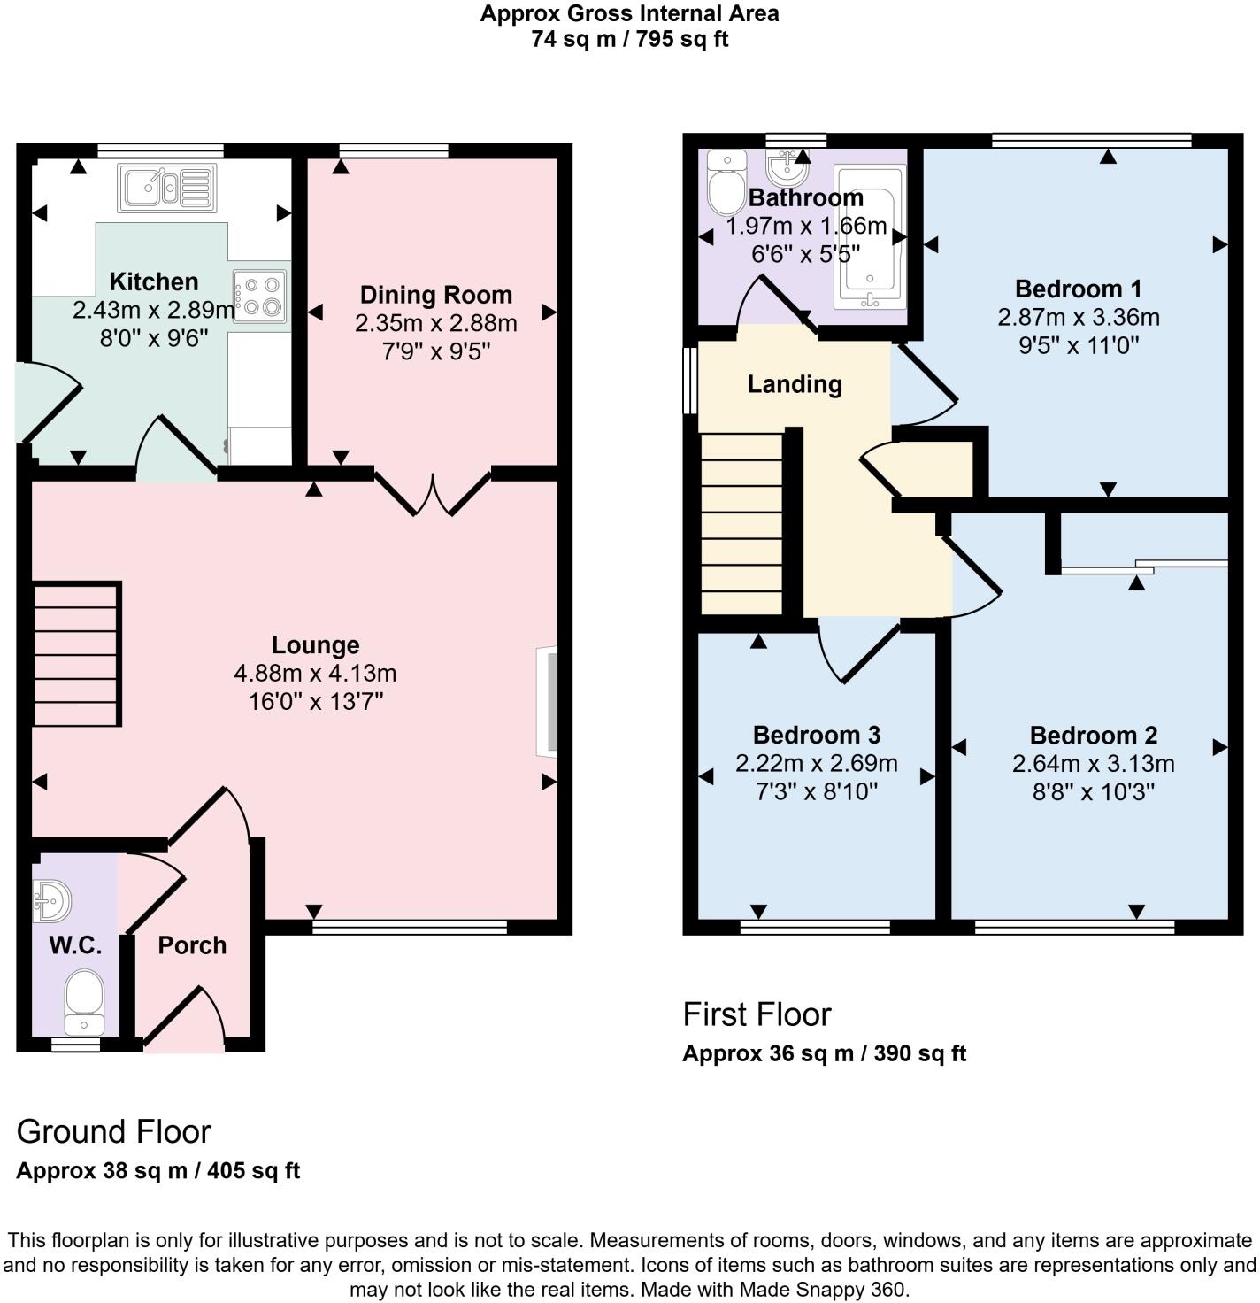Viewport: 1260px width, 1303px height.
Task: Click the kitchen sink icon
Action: tap(166, 188)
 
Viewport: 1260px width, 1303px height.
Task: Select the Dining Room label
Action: tap(435, 295)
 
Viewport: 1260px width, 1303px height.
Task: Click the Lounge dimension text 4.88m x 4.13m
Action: tap(315, 674)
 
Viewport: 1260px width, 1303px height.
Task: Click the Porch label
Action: tap(192, 945)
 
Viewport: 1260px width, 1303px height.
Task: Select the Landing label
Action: tap(795, 384)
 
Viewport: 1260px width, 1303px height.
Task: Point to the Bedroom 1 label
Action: tap(1078, 289)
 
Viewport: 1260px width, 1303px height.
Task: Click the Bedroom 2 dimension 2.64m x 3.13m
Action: tap(1093, 763)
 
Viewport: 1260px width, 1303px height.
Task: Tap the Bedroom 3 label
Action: tap(816, 735)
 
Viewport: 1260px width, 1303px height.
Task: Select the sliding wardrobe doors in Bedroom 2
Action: tap(1144, 567)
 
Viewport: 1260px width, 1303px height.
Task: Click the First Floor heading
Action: tap(757, 1014)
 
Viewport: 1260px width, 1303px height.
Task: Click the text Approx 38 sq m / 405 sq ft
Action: tap(158, 1171)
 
